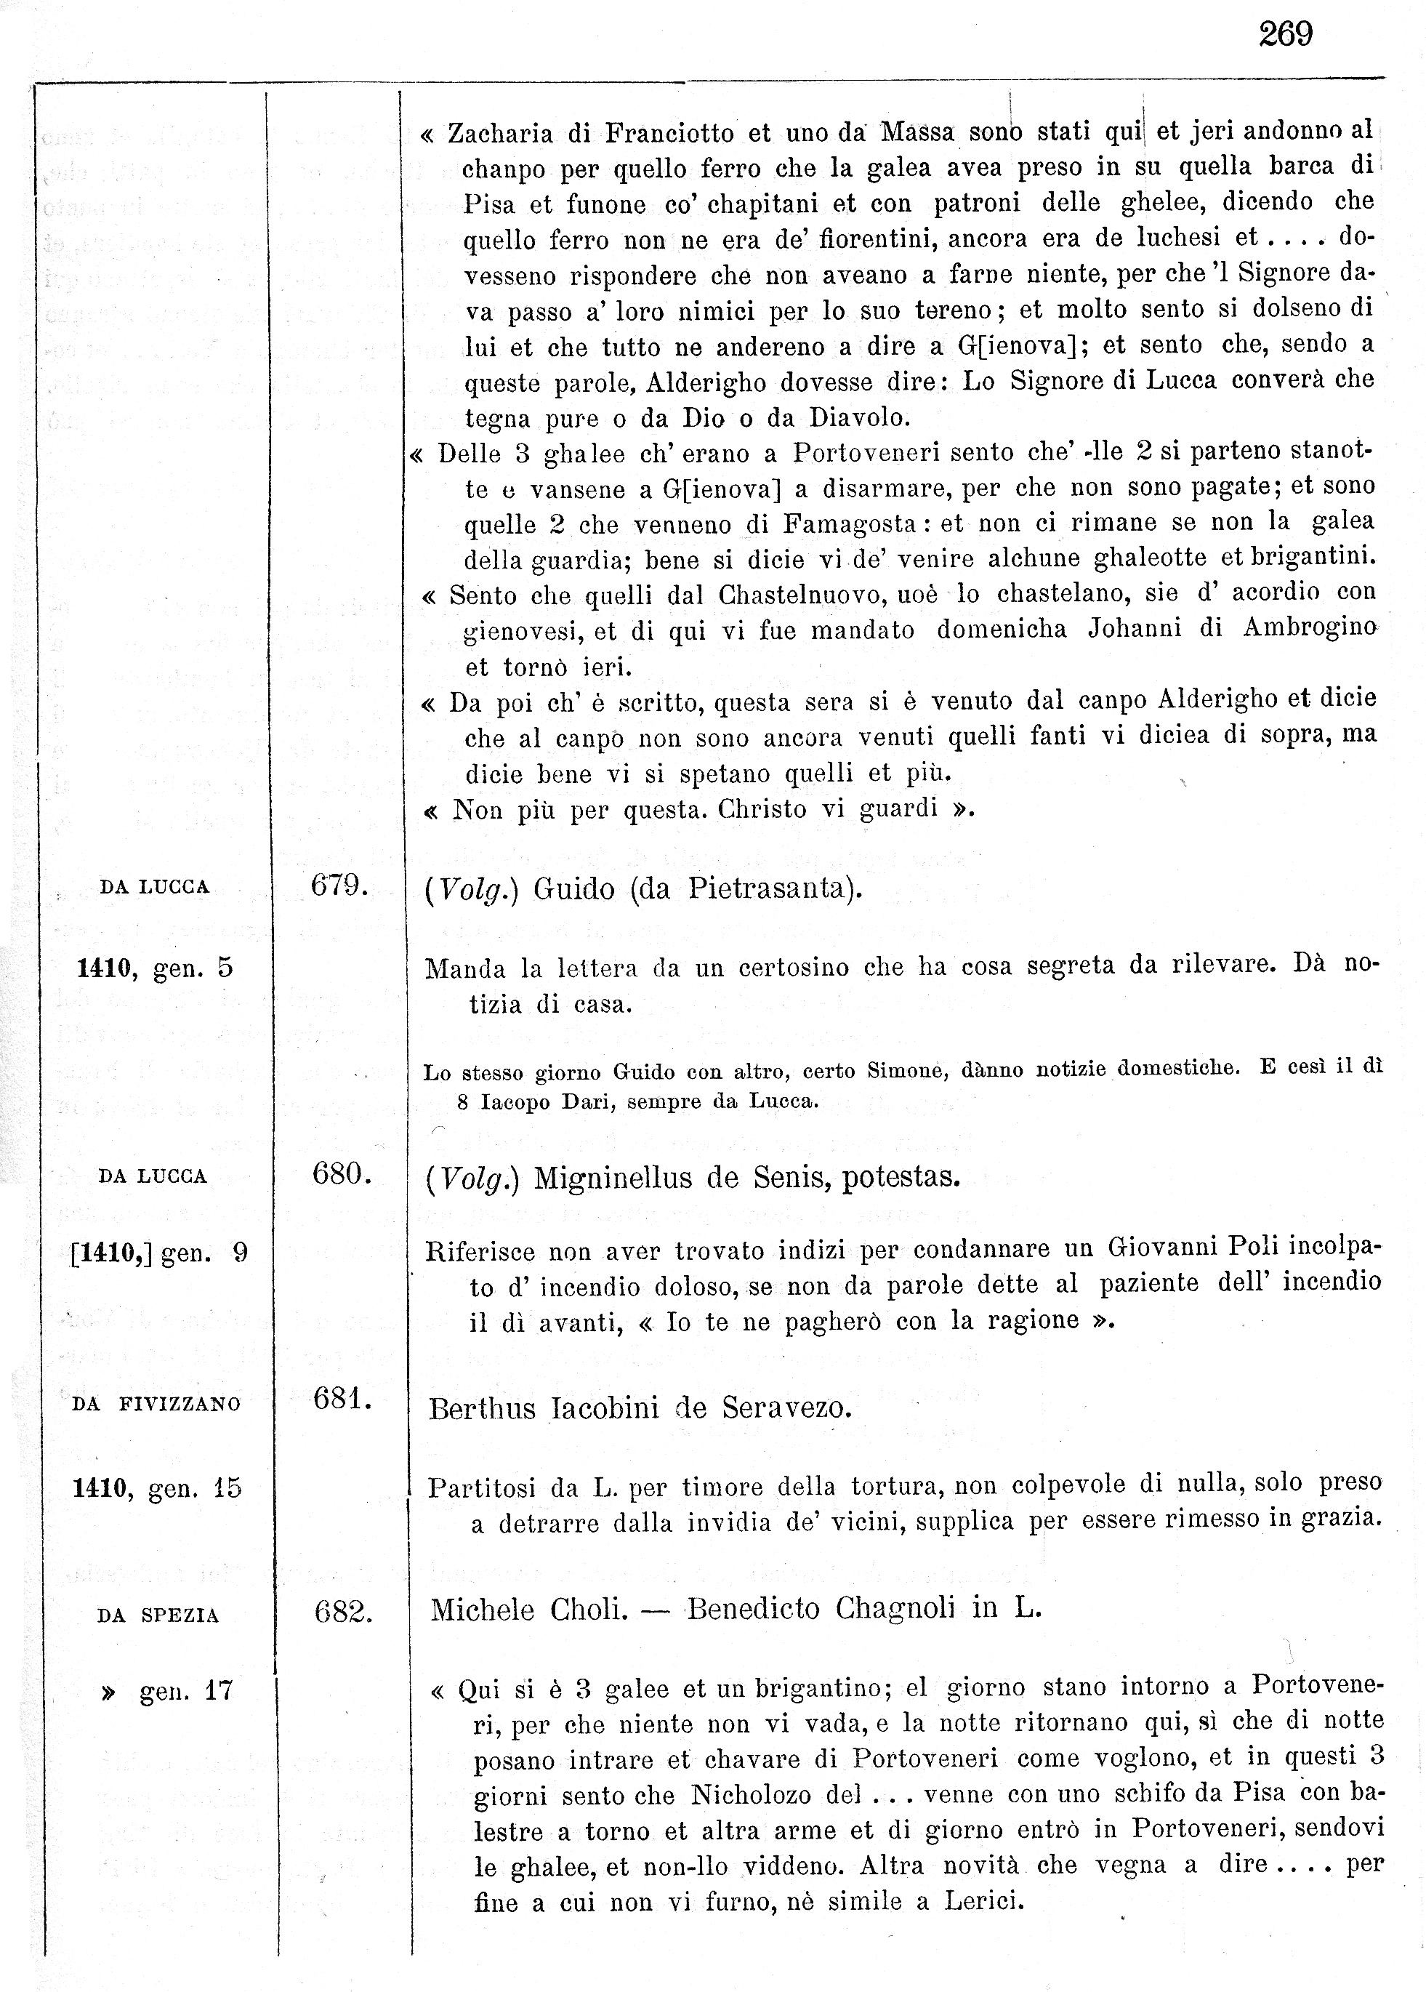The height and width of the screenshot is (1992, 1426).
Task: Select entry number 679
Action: click(338, 885)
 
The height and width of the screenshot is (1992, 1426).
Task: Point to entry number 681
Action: click(342, 1398)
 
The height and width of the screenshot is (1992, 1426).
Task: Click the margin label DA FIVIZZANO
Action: click(156, 1405)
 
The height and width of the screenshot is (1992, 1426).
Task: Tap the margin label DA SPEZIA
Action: click(158, 1616)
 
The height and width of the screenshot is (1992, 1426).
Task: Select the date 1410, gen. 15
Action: click(157, 1488)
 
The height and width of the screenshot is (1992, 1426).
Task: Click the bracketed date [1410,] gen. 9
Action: click(159, 1253)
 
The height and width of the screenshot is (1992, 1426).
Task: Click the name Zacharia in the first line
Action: click(501, 134)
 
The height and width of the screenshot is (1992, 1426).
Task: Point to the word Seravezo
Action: click(786, 1408)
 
